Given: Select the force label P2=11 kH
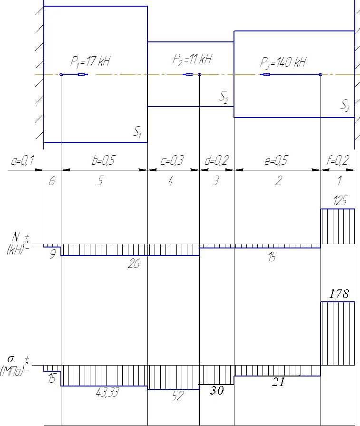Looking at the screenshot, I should tap(192, 59).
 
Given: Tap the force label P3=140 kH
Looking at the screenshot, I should tap(283, 62).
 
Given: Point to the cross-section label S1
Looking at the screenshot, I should tap(137, 134).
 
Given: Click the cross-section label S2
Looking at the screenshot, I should tap(224, 98).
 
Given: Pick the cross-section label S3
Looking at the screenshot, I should tap(345, 105).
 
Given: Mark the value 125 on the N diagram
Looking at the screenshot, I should tap(340, 202).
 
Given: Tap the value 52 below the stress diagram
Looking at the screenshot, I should tap(177, 396).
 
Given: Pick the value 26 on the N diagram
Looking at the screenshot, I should tap(134, 264).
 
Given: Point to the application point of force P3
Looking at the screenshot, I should tap(321, 74).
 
